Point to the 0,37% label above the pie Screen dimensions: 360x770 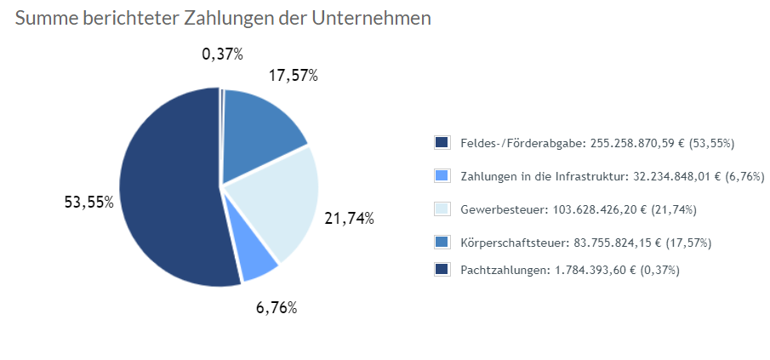(x=222, y=54)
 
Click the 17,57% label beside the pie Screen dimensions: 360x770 (x=293, y=76)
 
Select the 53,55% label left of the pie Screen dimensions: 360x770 (x=88, y=203)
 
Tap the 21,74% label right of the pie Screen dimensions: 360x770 (x=349, y=218)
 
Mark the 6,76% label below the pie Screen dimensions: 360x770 (x=276, y=307)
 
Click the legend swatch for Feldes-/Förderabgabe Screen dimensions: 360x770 (x=442, y=143)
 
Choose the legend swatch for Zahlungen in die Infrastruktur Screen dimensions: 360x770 (x=442, y=176)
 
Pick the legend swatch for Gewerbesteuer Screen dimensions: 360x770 (x=442, y=209)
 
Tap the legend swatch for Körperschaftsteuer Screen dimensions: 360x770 (x=442, y=243)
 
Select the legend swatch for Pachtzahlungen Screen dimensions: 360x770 (x=442, y=269)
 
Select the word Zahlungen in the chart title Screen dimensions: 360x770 (x=231, y=18)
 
